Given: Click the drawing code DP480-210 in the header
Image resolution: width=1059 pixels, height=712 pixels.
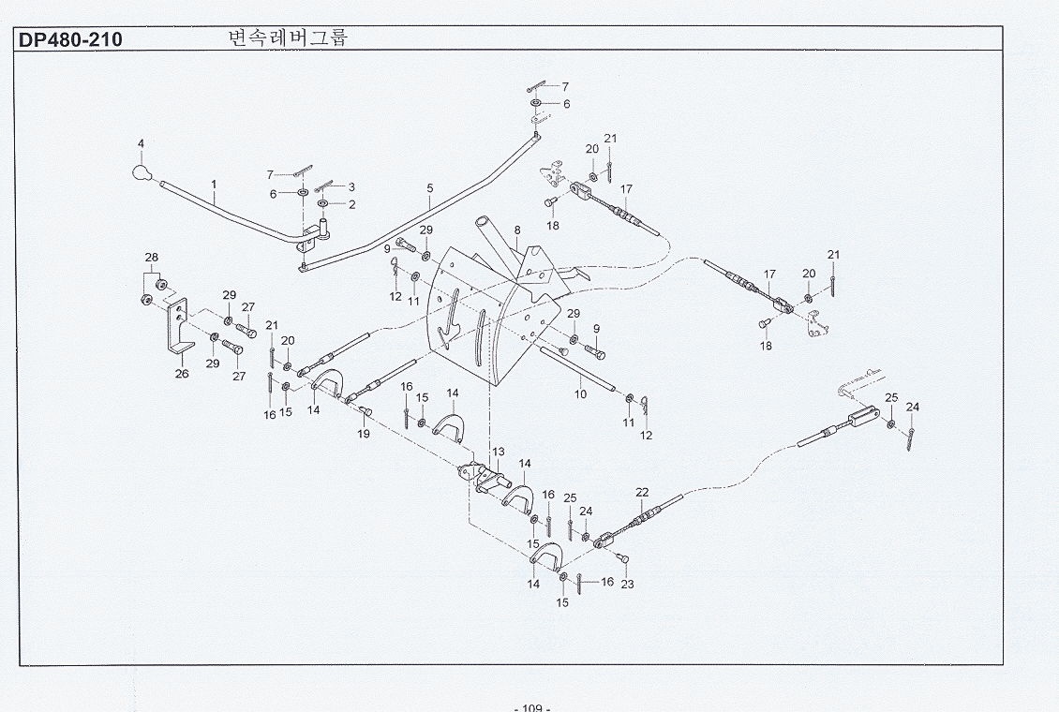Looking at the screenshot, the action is click(x=70, y=40).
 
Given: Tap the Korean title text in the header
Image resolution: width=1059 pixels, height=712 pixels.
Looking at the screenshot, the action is click(x=289, y=37).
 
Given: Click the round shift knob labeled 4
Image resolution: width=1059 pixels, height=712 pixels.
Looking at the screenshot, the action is click(x=140, y=172).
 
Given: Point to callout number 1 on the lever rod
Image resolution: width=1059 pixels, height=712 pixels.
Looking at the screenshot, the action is click(x=214, y=184).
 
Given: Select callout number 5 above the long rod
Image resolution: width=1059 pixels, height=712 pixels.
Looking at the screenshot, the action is click(x=429, y=188).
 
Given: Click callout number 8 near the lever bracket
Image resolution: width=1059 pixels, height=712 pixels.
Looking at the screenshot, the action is click(x=517, y=230).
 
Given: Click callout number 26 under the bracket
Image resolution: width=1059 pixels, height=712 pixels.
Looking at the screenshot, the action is click(x=182, y=373).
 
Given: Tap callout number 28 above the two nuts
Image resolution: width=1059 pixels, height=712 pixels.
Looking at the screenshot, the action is click(x=151, y=257).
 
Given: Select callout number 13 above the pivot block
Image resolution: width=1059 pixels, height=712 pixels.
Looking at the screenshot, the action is click(x=499, y=452).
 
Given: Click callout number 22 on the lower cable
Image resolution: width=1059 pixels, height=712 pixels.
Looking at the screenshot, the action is click(x=642, y=493).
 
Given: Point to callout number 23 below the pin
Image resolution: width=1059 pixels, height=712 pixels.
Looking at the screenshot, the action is click(x=627, y=585).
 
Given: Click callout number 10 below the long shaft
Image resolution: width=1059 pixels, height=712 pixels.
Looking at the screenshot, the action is click(x=581, y=394).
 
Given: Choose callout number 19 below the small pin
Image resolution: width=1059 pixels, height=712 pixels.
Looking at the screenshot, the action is click(x=364, y=434).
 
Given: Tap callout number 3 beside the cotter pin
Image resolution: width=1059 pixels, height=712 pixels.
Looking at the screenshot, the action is click(x=351, y=187).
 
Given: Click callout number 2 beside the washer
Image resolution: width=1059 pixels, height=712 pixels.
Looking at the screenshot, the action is click(x=351, y=204).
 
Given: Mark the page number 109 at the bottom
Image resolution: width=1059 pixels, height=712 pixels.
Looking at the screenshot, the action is click(x=532, y=707).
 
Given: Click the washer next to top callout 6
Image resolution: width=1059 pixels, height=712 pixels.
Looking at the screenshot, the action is click(x=535, y=103).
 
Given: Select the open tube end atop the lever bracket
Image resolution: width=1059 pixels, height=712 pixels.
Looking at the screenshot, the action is click(x=485, y=221).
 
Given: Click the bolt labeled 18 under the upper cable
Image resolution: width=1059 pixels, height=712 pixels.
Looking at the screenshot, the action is click(x=549, y=201).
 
